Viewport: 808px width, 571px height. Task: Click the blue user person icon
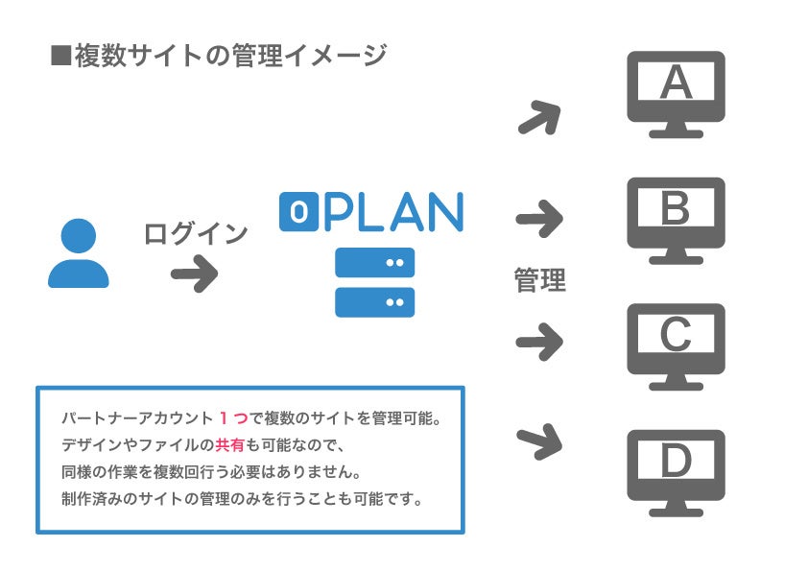point(79,253)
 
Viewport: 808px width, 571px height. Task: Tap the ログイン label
point(196,233)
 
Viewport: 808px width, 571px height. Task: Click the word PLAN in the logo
point(393,212)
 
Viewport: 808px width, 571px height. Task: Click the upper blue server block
point(374,262)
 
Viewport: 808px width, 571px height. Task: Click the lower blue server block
point(374,301)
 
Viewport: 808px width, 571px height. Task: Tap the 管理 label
point(540,280)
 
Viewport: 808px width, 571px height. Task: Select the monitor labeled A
point(676,93)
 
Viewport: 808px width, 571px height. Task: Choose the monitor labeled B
point(676,219)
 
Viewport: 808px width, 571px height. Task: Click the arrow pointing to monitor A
point(539,118)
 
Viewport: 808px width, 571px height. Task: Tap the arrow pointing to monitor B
point(539,219)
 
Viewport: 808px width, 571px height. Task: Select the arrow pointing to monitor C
point(539,340)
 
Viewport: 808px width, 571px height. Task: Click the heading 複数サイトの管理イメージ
point(229,56)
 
